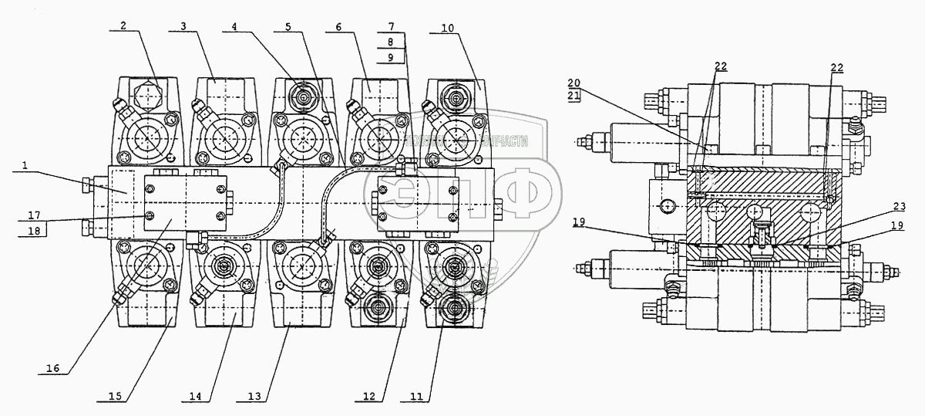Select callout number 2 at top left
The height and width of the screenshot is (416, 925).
[122, 25]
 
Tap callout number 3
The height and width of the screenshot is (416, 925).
[183, 25]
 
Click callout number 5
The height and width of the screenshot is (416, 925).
[288, 25]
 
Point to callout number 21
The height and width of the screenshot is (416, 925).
[573, 96]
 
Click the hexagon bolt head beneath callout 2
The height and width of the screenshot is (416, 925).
[146, 97]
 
